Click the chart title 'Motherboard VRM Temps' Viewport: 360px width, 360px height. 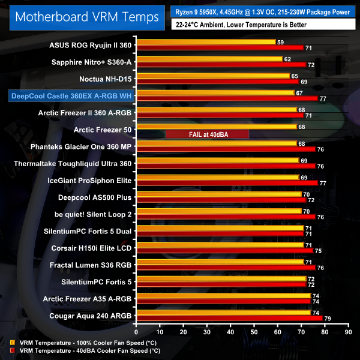[82, 16]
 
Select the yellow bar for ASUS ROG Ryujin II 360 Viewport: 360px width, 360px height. [205, 42]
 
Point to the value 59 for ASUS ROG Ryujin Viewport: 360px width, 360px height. [280, 42]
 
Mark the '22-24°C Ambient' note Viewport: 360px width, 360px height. [241, 25]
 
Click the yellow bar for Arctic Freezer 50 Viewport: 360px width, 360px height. [216, 127]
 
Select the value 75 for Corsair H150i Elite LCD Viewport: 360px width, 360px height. [317, 251]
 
